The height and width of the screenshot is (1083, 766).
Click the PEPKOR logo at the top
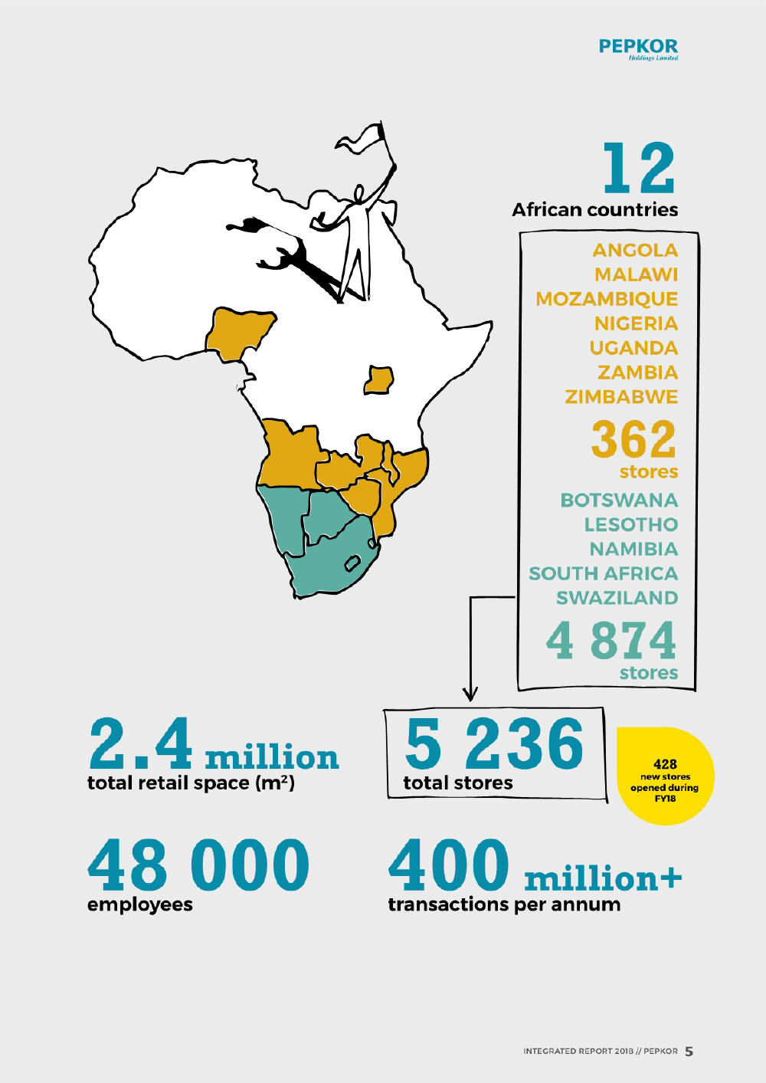click(x=637, y=48)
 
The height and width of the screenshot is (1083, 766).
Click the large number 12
click(x=638, y=168)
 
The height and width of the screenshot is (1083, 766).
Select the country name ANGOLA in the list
click(x=635, y=250)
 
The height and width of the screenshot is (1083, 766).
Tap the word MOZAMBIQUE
click(x=607, y=299)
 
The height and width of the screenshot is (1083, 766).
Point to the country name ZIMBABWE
click(x=621, y=397)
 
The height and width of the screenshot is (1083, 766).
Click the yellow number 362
click(x=633, y=439)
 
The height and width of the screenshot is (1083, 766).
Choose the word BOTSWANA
click(x=619, y=500)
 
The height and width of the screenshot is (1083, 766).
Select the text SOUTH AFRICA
click(x=603, y=573)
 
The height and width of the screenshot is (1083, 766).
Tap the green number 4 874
click(x=611, y=641)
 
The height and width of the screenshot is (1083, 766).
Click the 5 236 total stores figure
click(x=494, y=744)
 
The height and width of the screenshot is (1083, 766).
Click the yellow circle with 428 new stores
click(x=664, y=776)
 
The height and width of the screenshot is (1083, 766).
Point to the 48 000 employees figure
click(x=198, y=865)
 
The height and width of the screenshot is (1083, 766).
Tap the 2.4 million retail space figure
click(x=213, y=745)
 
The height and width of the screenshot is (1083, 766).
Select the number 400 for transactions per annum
click(x=448, y=865)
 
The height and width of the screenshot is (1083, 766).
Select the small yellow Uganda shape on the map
click(x=378, y=380)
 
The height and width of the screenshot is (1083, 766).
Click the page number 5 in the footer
click(x=689, y=1052)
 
